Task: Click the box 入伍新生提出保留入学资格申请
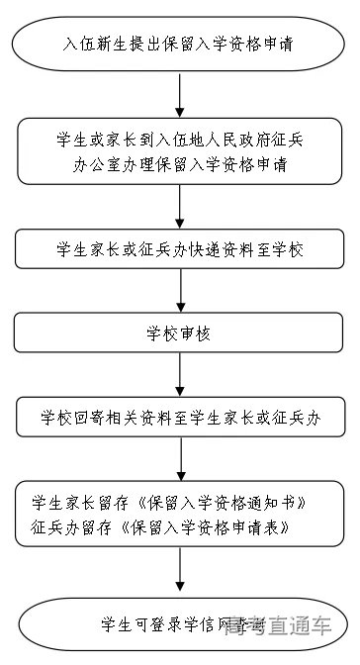point(178,46)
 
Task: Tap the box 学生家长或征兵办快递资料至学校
point(178,249)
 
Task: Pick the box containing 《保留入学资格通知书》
point(178,512)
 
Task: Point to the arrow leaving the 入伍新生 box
point(178,96)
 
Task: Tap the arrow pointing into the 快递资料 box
point(178,207)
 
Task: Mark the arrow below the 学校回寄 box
point(178,458)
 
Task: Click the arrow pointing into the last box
point(178,571)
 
